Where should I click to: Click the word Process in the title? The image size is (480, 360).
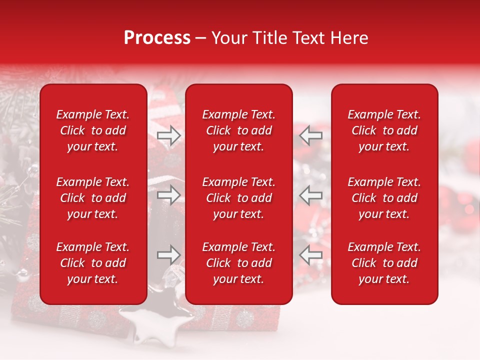(157, 38)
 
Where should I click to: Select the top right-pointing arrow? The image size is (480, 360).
(168, 135)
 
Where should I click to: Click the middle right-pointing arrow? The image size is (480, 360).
(168, 195)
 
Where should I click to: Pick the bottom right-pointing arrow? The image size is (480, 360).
(168, 255)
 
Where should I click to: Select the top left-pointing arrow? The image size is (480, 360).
(311, 135)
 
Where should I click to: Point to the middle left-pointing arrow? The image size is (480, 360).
(311, 195)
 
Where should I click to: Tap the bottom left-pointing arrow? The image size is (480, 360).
(311, 255)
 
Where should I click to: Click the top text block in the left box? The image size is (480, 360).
(93, 130)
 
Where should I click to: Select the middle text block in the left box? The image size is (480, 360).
(93, 198)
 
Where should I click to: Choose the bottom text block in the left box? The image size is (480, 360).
(93, 263)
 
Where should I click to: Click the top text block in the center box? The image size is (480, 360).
(239, 130)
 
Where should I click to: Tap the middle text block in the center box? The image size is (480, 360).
(239, 198)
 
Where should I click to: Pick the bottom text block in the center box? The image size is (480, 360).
(239, 263)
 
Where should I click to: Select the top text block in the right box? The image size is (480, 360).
(384, 130)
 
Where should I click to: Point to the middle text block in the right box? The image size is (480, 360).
(384, 198)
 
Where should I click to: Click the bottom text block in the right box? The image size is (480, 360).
(384, 263)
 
